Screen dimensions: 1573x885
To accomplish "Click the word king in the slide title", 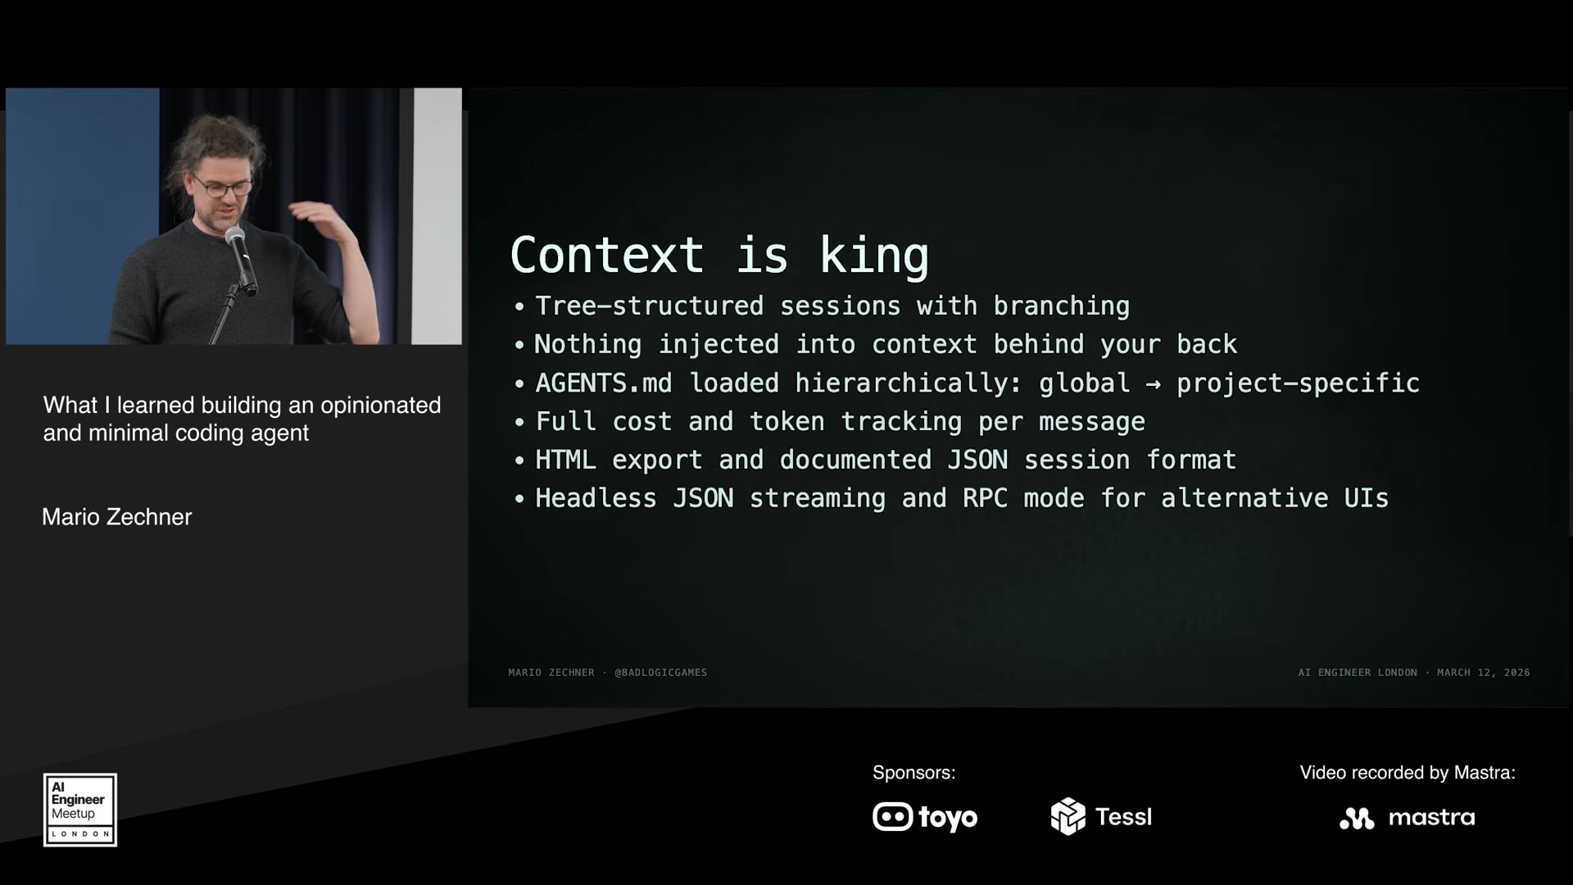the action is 874,255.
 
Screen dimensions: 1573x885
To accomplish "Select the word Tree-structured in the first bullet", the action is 649,306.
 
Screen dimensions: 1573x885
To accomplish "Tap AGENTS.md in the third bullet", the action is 604,383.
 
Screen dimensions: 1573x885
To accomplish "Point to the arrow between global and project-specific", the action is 1153,383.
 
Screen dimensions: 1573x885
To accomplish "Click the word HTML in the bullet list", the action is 565,460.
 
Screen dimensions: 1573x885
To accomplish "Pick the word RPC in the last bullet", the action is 985,498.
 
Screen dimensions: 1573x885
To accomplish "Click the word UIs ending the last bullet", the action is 1367,498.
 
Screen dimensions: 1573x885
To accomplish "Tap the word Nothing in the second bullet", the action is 587,344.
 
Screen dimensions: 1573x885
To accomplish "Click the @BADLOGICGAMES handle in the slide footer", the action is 661,673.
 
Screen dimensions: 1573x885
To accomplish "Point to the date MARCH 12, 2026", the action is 1484,673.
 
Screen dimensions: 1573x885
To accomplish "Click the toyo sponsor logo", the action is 925,817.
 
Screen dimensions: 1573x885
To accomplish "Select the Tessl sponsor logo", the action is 1101,816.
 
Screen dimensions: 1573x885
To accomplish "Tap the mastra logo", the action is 1408,818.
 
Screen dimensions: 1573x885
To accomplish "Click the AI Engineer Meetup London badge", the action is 80,810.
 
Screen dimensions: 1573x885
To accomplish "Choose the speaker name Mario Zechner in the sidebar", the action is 117,517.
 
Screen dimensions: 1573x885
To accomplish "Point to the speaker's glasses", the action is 221,187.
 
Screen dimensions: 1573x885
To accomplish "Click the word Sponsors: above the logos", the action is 914,773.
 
